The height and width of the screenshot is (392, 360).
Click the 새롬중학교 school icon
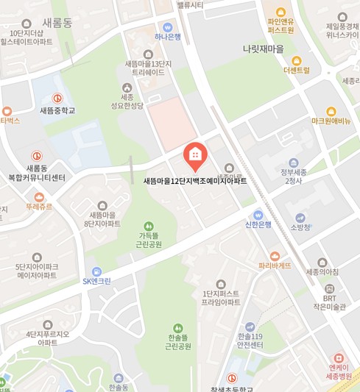pyautogui.click(x=57, y=98)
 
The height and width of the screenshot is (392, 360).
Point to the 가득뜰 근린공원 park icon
pyautogui.click(x=149, y=225)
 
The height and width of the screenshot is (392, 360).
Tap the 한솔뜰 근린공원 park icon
pyautogui.click(x=177, y=328)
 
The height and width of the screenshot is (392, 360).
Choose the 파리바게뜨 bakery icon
pyautogui.click(x=275, y=254)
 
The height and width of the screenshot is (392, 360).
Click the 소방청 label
pyautogui.click(x=300, y=227)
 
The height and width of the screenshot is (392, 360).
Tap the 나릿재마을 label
pyautogui.click(x=263, y=49)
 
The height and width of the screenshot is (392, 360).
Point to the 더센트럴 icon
pyautogui.click(x=297, y=60)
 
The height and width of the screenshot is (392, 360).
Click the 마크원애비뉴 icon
pyautogui.click(x=331, y=111)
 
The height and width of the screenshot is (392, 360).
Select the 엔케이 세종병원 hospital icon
pyautogui.click(x=339, y=357)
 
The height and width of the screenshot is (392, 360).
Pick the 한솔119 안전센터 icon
pyautogui.click(x=250, y=326)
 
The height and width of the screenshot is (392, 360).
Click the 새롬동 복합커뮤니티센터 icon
pyautogui.click(x=36, y=156)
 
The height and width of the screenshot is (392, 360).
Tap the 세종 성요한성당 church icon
pyautogui.click(x=127, y=87)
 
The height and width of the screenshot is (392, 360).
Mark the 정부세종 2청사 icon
pyautogui.click(x=294, y=163)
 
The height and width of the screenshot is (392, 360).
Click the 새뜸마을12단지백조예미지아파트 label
pyautogui.click(x=195, y=181)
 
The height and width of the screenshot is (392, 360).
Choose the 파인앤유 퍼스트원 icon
pyautogui.click(x=280, y=11)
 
